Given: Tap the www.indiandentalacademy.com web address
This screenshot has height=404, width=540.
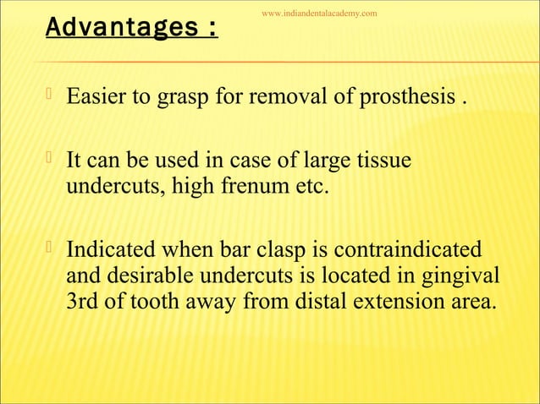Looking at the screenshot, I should tap(319, 14).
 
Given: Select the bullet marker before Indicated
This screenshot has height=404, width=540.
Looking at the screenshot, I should tap(52, 248).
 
